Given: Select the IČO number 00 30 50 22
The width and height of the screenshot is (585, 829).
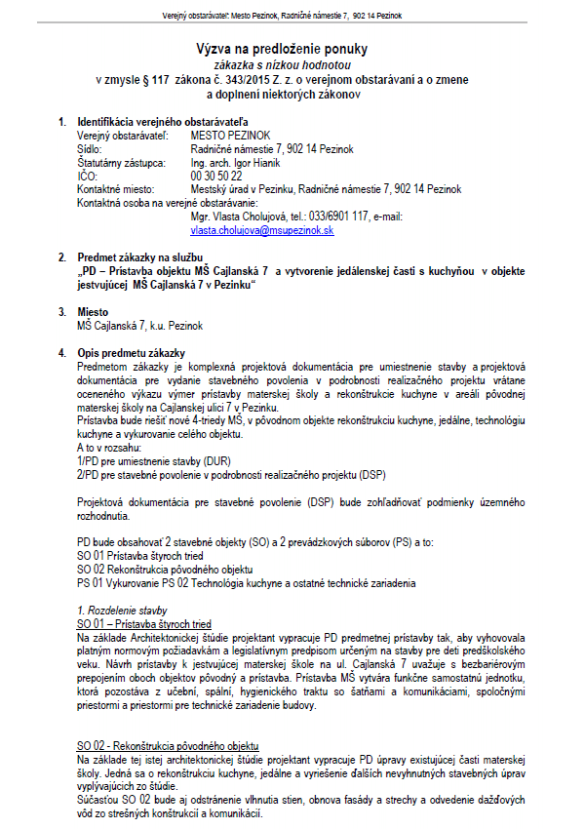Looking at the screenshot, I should (216, 176).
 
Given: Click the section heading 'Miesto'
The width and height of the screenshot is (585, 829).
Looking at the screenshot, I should (93, 311).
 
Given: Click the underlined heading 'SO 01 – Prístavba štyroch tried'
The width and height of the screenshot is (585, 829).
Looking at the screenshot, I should (144, 623).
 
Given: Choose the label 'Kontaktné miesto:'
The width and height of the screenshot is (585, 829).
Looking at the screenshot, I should (115, 189).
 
